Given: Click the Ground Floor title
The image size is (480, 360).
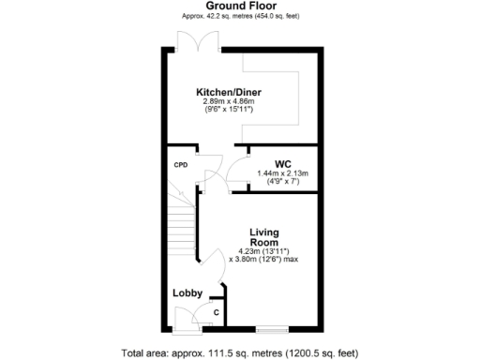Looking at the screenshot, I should tap(239, 6).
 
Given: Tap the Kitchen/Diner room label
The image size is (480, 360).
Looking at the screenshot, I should tap(227, 92).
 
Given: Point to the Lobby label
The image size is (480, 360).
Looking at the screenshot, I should tap(187, 293).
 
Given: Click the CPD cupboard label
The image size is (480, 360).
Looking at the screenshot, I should tap(181, 165).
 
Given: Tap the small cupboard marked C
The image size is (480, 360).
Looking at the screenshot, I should tap(217, 312).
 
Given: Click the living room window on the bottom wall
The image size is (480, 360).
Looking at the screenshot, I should tap(273, 328).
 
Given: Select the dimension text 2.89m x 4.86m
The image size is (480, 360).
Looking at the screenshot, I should tap(227, 101).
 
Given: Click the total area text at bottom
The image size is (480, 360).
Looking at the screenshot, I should tap(240, 352).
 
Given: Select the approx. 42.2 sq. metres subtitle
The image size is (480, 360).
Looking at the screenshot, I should tap(239, 16).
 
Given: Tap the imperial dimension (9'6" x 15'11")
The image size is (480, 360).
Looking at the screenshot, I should tap(227, 110).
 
